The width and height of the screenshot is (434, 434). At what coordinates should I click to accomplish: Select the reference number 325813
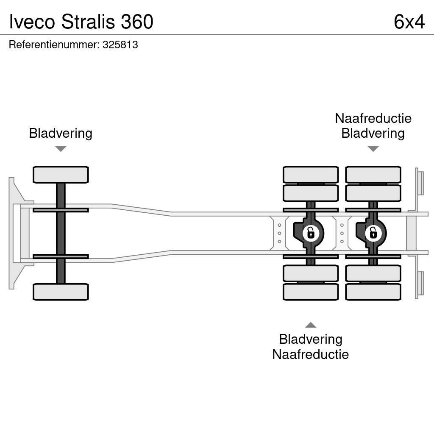tap(120, 45)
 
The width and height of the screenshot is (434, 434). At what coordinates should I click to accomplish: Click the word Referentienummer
tap(54, 45)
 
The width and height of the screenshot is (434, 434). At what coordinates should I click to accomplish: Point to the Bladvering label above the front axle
tap(61, 133)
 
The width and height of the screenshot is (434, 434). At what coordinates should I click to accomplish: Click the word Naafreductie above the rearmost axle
tap(373, 118)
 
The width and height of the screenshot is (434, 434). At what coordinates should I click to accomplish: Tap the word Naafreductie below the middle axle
tap(310, 354)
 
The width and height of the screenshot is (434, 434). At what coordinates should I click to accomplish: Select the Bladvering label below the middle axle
tap(311, 339)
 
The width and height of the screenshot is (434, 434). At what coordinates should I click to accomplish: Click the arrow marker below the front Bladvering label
tap(61, 149)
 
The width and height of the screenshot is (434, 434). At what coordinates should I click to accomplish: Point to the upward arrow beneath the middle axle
tap(311, 325)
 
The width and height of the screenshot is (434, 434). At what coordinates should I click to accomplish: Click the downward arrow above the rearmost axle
tap(373, 149)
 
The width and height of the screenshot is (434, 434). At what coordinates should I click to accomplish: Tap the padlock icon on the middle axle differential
tap(311, 233)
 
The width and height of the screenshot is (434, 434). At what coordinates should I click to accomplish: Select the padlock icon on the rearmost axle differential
tap(373, 233)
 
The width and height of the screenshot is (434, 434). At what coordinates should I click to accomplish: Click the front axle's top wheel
tap(61, 175)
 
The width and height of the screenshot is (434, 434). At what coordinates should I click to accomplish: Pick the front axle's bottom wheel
tap(61, 292)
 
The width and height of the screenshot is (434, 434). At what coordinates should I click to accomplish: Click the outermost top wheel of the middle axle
tap(311, 175)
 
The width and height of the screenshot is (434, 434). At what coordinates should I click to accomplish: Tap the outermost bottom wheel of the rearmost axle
tap(373, 292)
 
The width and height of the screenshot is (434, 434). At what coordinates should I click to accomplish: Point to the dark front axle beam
tap(61, 233)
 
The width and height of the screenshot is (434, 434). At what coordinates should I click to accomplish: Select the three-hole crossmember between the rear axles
tap(342, 233)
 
